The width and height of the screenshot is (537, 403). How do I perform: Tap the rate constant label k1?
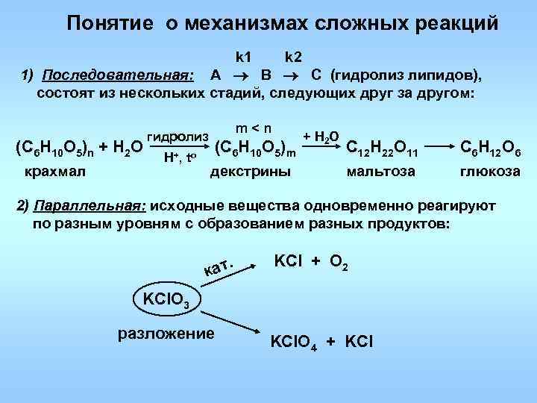(244, 57)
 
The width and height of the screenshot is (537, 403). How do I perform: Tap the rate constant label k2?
(292, 57)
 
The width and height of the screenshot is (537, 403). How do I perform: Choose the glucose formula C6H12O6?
(491, 148)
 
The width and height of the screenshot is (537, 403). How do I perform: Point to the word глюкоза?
(491, 172)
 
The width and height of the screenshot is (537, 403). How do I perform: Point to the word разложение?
(166, 332)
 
